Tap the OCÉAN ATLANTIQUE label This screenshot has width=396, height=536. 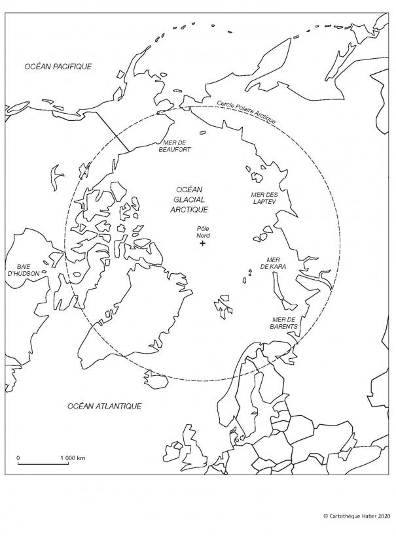(x=105, y=406)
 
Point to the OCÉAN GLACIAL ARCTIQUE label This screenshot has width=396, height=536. (x=189, y=199)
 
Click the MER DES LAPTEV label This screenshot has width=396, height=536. (x=266, y=199)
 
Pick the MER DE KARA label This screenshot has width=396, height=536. (x=274, y=263)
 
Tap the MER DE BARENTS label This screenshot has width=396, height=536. (x=285, y=322)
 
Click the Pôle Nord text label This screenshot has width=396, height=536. (x=203, y=231)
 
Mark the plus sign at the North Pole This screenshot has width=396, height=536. (x=203, y=243)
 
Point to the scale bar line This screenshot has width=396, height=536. (x=43, y=463)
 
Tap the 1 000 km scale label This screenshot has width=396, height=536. (x=73, y=458)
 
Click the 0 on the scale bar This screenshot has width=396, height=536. (x=18, y=458)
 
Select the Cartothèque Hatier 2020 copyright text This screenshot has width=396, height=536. (x=356, y=516)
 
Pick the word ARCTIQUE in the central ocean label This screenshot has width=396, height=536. (x=189, y=209)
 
